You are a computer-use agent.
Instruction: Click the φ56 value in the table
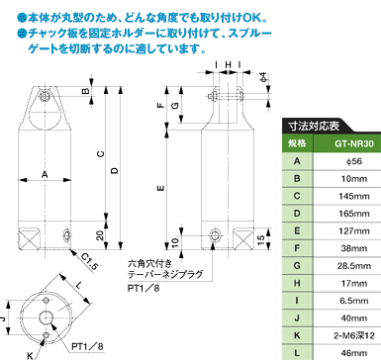354,161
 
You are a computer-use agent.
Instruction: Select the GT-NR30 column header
354,143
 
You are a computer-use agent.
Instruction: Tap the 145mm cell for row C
354,196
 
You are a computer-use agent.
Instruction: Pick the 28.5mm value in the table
354,266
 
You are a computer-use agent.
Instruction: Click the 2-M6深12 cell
354,335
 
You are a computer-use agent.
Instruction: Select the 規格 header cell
297,143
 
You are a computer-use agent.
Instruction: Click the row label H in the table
297,283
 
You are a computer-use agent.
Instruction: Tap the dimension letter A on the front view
45,175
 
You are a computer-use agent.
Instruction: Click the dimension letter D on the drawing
114,171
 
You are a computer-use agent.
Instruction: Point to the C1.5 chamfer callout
89,262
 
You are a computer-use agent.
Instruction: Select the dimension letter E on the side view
161,188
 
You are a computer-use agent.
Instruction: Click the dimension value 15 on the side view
260,239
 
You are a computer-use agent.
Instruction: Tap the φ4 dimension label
263,78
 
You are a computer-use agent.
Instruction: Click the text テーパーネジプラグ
165,274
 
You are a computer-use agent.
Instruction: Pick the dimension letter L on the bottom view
78,286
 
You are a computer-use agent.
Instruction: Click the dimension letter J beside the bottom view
3,318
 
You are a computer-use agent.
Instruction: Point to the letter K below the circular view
30,355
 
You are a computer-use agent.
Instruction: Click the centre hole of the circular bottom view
47,317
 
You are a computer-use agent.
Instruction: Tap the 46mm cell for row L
354,353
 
